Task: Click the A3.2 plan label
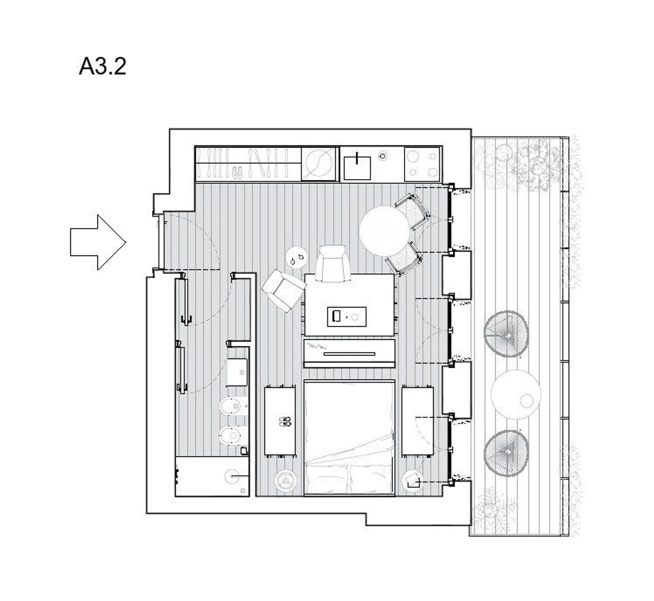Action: point(103,66)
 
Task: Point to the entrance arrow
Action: point(98,242)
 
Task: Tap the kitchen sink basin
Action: point(357,167)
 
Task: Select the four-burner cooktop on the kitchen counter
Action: point(422,164)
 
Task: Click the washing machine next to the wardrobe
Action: point(318,163)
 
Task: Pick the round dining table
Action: point(385,231)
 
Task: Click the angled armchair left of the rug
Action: point(283,290)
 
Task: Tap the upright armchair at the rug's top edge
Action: point(332,264)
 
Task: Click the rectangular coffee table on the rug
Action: point(347,317)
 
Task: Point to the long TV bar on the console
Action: point(349,354)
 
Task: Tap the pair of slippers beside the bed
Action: point(285,421)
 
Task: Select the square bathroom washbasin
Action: point(237,372)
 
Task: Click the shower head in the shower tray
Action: point(233,476)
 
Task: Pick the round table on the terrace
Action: point(516,395)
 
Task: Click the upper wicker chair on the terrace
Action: point(506,334)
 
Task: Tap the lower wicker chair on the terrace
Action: point(506,453)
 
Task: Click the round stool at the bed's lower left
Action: point(286,480)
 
